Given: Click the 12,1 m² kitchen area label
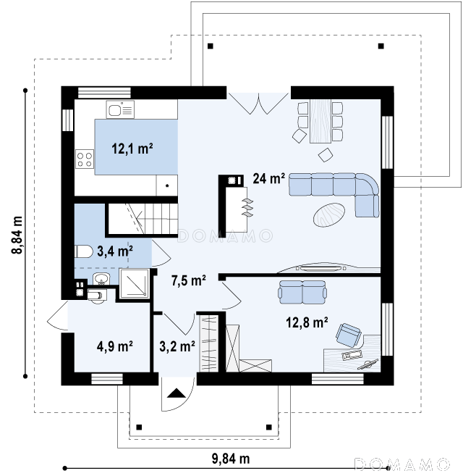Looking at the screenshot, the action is click(132, 149).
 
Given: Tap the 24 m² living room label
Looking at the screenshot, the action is click(268, 178).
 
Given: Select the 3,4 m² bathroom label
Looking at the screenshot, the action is click(115, 251).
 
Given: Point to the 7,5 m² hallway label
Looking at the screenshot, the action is click(189, 280).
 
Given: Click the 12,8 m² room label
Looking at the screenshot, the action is click(307, 322).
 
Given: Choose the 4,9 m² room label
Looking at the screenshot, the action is click(114, 346).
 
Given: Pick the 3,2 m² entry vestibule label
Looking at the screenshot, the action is click(177, 346).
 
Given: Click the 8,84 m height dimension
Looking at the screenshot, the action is click(17, 235).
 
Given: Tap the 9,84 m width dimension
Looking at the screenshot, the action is click(231, 459).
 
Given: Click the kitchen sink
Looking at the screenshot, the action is click(120, 110).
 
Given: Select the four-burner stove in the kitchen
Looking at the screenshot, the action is click(85, 159).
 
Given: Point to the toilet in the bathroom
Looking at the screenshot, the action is click(84, 251).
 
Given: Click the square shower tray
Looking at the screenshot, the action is click(135, 283).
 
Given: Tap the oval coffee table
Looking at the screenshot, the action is click(328, 214).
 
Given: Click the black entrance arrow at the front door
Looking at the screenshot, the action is click(177, 393).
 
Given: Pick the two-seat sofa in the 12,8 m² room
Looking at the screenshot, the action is click(302, 292).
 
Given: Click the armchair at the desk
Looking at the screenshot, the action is click(349, 335).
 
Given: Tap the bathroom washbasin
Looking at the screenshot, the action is click(101, 279).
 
